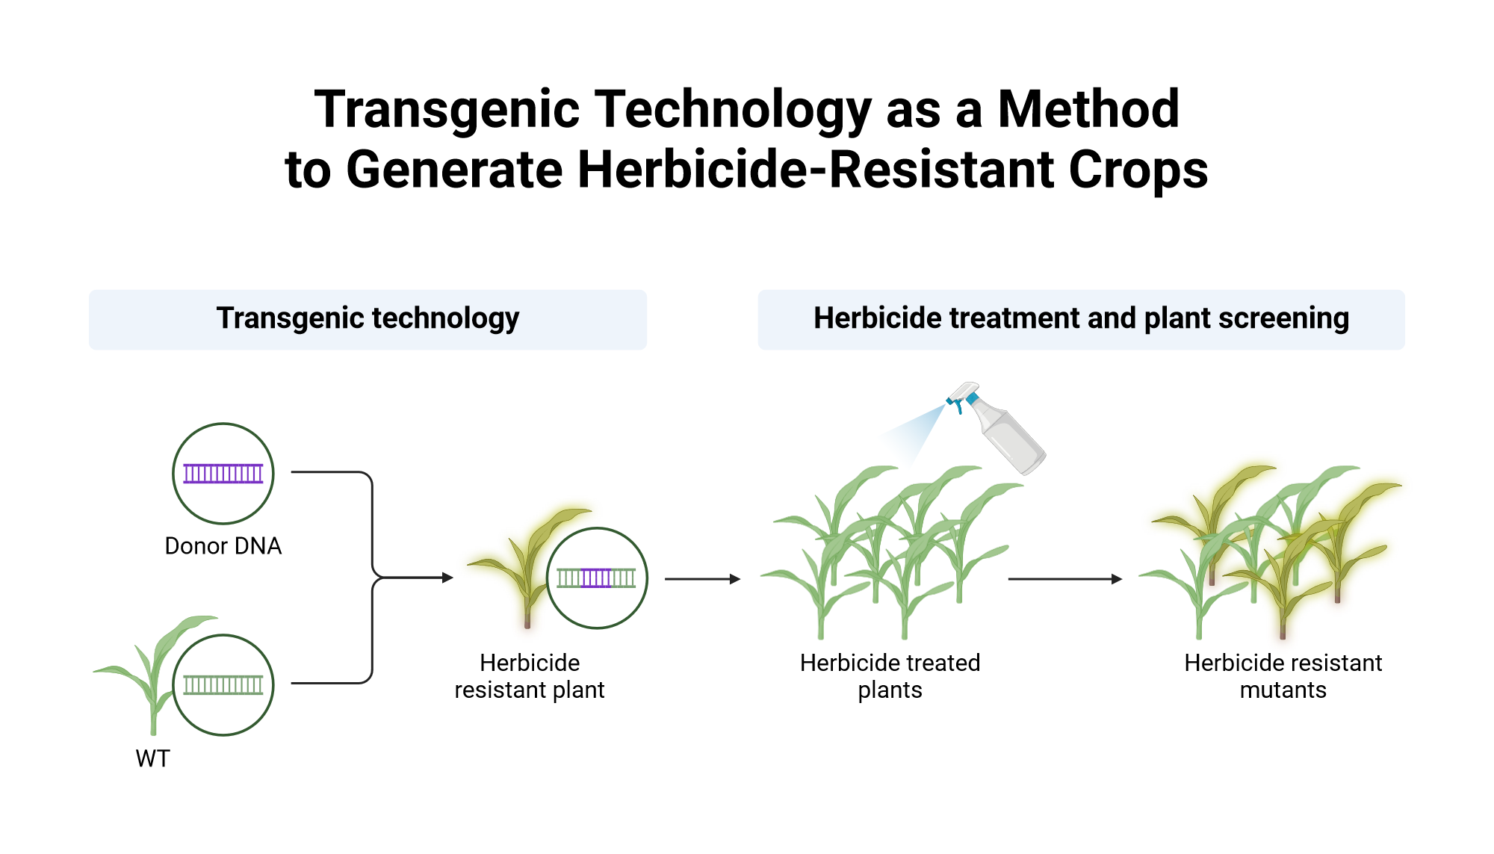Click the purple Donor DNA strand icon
pos(223,474)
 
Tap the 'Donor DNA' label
pos(223,546)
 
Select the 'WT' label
pos(153,758)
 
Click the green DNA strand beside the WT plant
pos(223,685)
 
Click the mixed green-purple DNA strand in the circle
pos(596,578)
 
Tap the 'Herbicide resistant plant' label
pos(530,676)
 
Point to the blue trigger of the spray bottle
pos(957,404)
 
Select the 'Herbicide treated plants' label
pos(890,676)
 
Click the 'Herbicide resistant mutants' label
pos(1283,676)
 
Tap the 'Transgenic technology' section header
pos(368,319)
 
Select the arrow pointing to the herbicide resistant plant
pos(418,578)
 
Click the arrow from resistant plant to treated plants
pos(702,579)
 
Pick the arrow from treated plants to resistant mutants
pos(1064,579)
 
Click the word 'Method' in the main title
pos(1088,110)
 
